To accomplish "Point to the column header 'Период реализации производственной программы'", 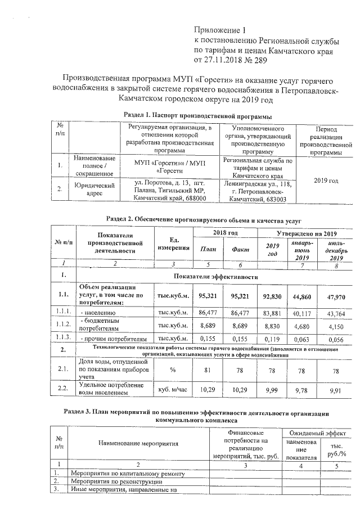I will (327, 141).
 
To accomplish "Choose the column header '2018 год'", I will (225, 233).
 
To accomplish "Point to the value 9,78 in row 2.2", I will (303, 389).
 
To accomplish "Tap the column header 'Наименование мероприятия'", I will (138, 443).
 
